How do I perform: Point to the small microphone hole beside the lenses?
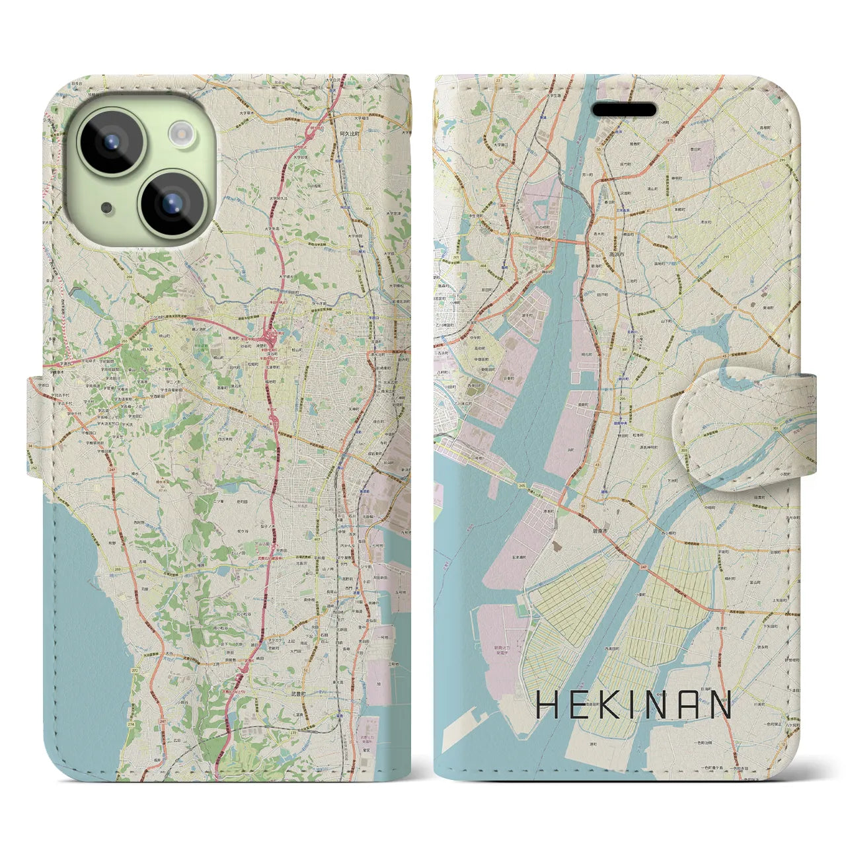(106, 208)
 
